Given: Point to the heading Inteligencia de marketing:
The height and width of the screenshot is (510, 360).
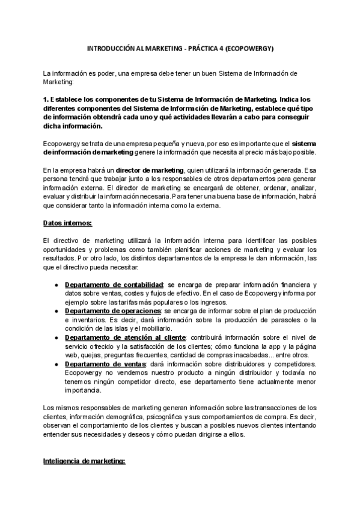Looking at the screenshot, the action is pos(84,461).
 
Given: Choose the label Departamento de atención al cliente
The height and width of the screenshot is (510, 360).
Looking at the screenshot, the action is pos(126,338).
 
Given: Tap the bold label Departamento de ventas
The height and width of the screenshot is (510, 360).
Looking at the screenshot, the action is pos(105,364).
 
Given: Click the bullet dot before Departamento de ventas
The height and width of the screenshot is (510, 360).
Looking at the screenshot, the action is pos(56,364).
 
